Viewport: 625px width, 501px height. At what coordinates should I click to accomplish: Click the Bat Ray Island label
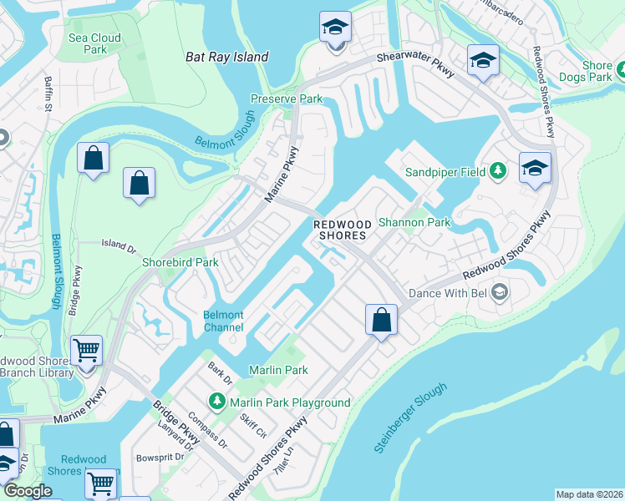[x=226, y=57]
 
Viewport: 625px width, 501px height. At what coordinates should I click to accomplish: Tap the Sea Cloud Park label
[x=94, y=43]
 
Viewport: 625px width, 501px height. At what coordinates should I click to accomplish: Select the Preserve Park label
[x=287, y=99]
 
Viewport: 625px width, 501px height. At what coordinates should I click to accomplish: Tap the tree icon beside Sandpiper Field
[x=498, y=171]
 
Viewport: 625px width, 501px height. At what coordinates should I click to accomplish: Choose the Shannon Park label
[x=414, y=222]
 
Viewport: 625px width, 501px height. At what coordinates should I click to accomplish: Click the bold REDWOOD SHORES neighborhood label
[x=341, y=230]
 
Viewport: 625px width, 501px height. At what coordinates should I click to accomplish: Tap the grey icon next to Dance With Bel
[x=499, y=292]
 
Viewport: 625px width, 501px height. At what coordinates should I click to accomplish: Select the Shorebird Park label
[x=180, y=262]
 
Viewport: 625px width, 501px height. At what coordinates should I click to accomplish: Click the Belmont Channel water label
[x=224, y=321]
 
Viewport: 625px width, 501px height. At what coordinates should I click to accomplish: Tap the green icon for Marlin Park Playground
[x=217, y=402]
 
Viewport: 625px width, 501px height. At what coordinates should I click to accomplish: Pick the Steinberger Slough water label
[x=410, y=418]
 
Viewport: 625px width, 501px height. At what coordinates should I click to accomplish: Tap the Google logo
[x=28, y=491]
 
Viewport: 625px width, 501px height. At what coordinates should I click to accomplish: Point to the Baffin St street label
[x=48, y=93]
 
